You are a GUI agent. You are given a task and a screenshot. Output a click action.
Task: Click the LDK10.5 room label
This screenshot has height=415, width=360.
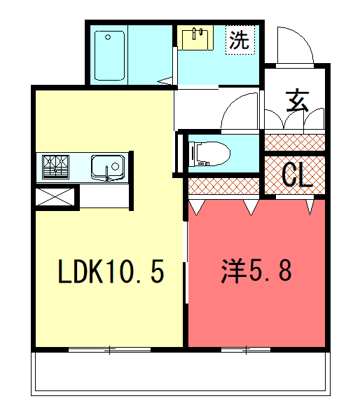[x=111, y=271]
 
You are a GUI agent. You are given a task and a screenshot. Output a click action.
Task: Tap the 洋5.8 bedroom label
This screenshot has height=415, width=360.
[x=256, y=271]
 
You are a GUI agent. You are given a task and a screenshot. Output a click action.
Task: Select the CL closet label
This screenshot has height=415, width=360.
[x=297, y=175]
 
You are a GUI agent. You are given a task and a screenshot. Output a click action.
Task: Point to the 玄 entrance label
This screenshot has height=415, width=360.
[x=298, y=102]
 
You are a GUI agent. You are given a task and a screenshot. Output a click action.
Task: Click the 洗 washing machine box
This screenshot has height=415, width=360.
[x=240, y=40]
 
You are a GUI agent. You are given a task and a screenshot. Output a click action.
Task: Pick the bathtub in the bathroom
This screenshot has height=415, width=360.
[x=109, y=55]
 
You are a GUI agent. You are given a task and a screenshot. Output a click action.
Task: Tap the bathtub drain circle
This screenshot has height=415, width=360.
[x=108, y=37]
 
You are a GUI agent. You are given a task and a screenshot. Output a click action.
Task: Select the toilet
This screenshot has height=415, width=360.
[x=209, y=154]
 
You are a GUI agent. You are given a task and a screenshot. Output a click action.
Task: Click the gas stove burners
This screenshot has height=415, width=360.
[x=56, y=167]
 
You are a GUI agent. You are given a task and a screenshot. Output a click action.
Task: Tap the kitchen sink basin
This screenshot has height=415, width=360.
[x=108, y=168]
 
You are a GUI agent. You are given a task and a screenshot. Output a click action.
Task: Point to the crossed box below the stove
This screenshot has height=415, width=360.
[x=55, y=197]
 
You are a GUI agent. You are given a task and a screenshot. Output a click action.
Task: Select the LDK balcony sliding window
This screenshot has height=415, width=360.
[x=109, y=350]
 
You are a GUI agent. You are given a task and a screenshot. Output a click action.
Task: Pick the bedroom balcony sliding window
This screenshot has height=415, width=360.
[x=246, y=350]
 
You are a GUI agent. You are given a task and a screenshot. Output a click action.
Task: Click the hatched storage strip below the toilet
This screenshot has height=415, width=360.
[x=223, y=186]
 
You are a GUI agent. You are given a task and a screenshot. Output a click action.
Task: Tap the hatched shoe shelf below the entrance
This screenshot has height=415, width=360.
[x=295, y=142]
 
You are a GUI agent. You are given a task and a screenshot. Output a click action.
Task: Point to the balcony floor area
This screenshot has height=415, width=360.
[x=181, y=373]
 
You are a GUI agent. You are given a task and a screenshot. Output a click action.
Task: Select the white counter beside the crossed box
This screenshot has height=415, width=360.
[x=104, y=196]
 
